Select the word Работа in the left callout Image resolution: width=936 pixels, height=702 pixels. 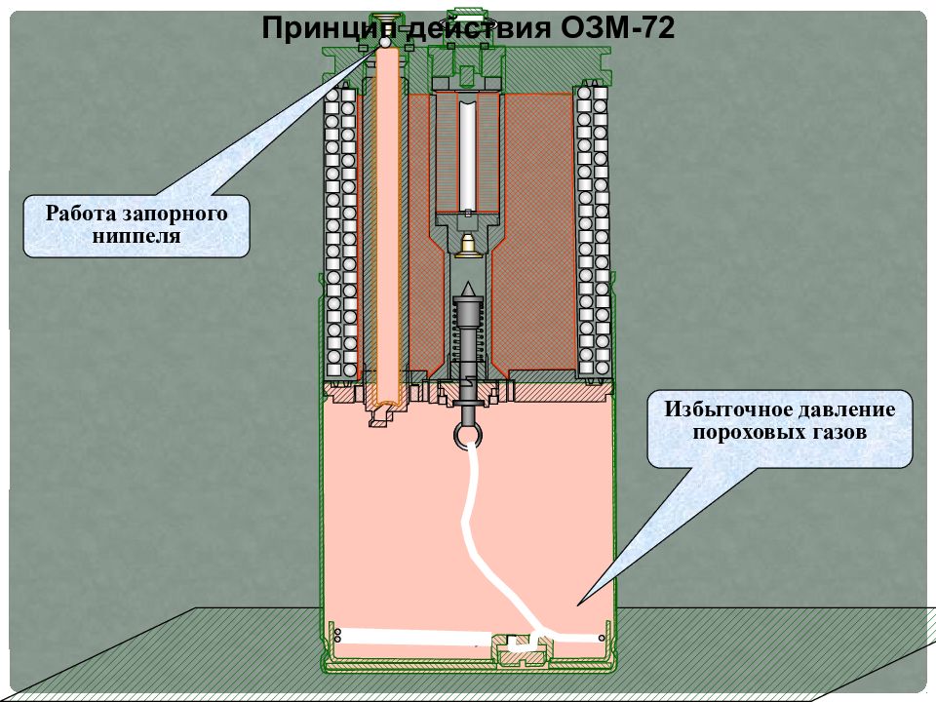pyautogui.click(x=81, y=214)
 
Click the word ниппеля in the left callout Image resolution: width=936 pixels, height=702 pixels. pyautogui.click(x=136, y=235)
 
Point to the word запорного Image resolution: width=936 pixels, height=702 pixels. pyautogui.click(x=175, y=214)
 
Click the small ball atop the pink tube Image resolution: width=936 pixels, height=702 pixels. pyautogui.click(x=385, y=42)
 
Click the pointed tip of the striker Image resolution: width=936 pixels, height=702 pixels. pyautogui.click(x=468, y=287)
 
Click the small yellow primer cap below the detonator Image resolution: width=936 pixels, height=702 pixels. pyautogui.click(x=467, y=246)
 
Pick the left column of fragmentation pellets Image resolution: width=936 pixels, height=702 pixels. pyautogui.click(x=341, y=232)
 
